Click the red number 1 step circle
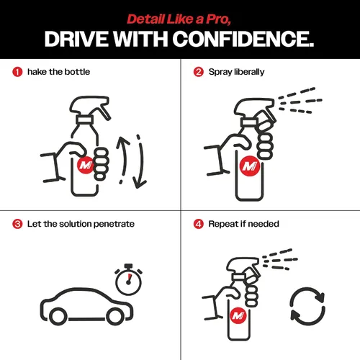click(x=17, y=72)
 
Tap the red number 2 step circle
click(x=199, y=72)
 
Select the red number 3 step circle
click(x=17, y=224)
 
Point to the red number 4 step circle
click(x=199, y=224)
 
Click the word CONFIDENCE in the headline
click(x=243, y=39)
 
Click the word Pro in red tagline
click(x=218, y=19)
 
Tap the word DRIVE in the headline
click(x=76, y=39)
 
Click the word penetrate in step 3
click(x=114, y=224)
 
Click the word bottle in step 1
click(x=77, y=72)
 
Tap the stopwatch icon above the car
click(x=128, y=279)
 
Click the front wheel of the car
click(x=115, y=316)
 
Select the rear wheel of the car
click(x=58, y=316)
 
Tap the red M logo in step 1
click(x=86, y=165)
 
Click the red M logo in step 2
click(x=250, y=166)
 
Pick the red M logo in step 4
click(x=238, y=315)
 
